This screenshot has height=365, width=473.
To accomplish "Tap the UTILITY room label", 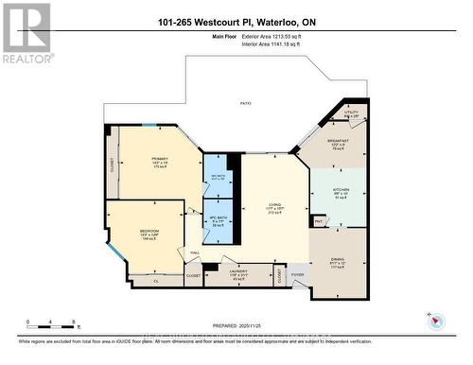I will (x=351, y=113).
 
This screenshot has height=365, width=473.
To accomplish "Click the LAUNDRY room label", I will (x=238, y=270).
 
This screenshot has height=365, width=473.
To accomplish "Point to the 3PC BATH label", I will (x=218, y=176).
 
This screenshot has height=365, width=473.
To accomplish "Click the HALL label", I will (x=194, y=252).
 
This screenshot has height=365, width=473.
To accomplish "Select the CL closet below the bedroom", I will (x=156, y=281).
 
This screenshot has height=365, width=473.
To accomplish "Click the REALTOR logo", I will (x=26, y=34).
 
